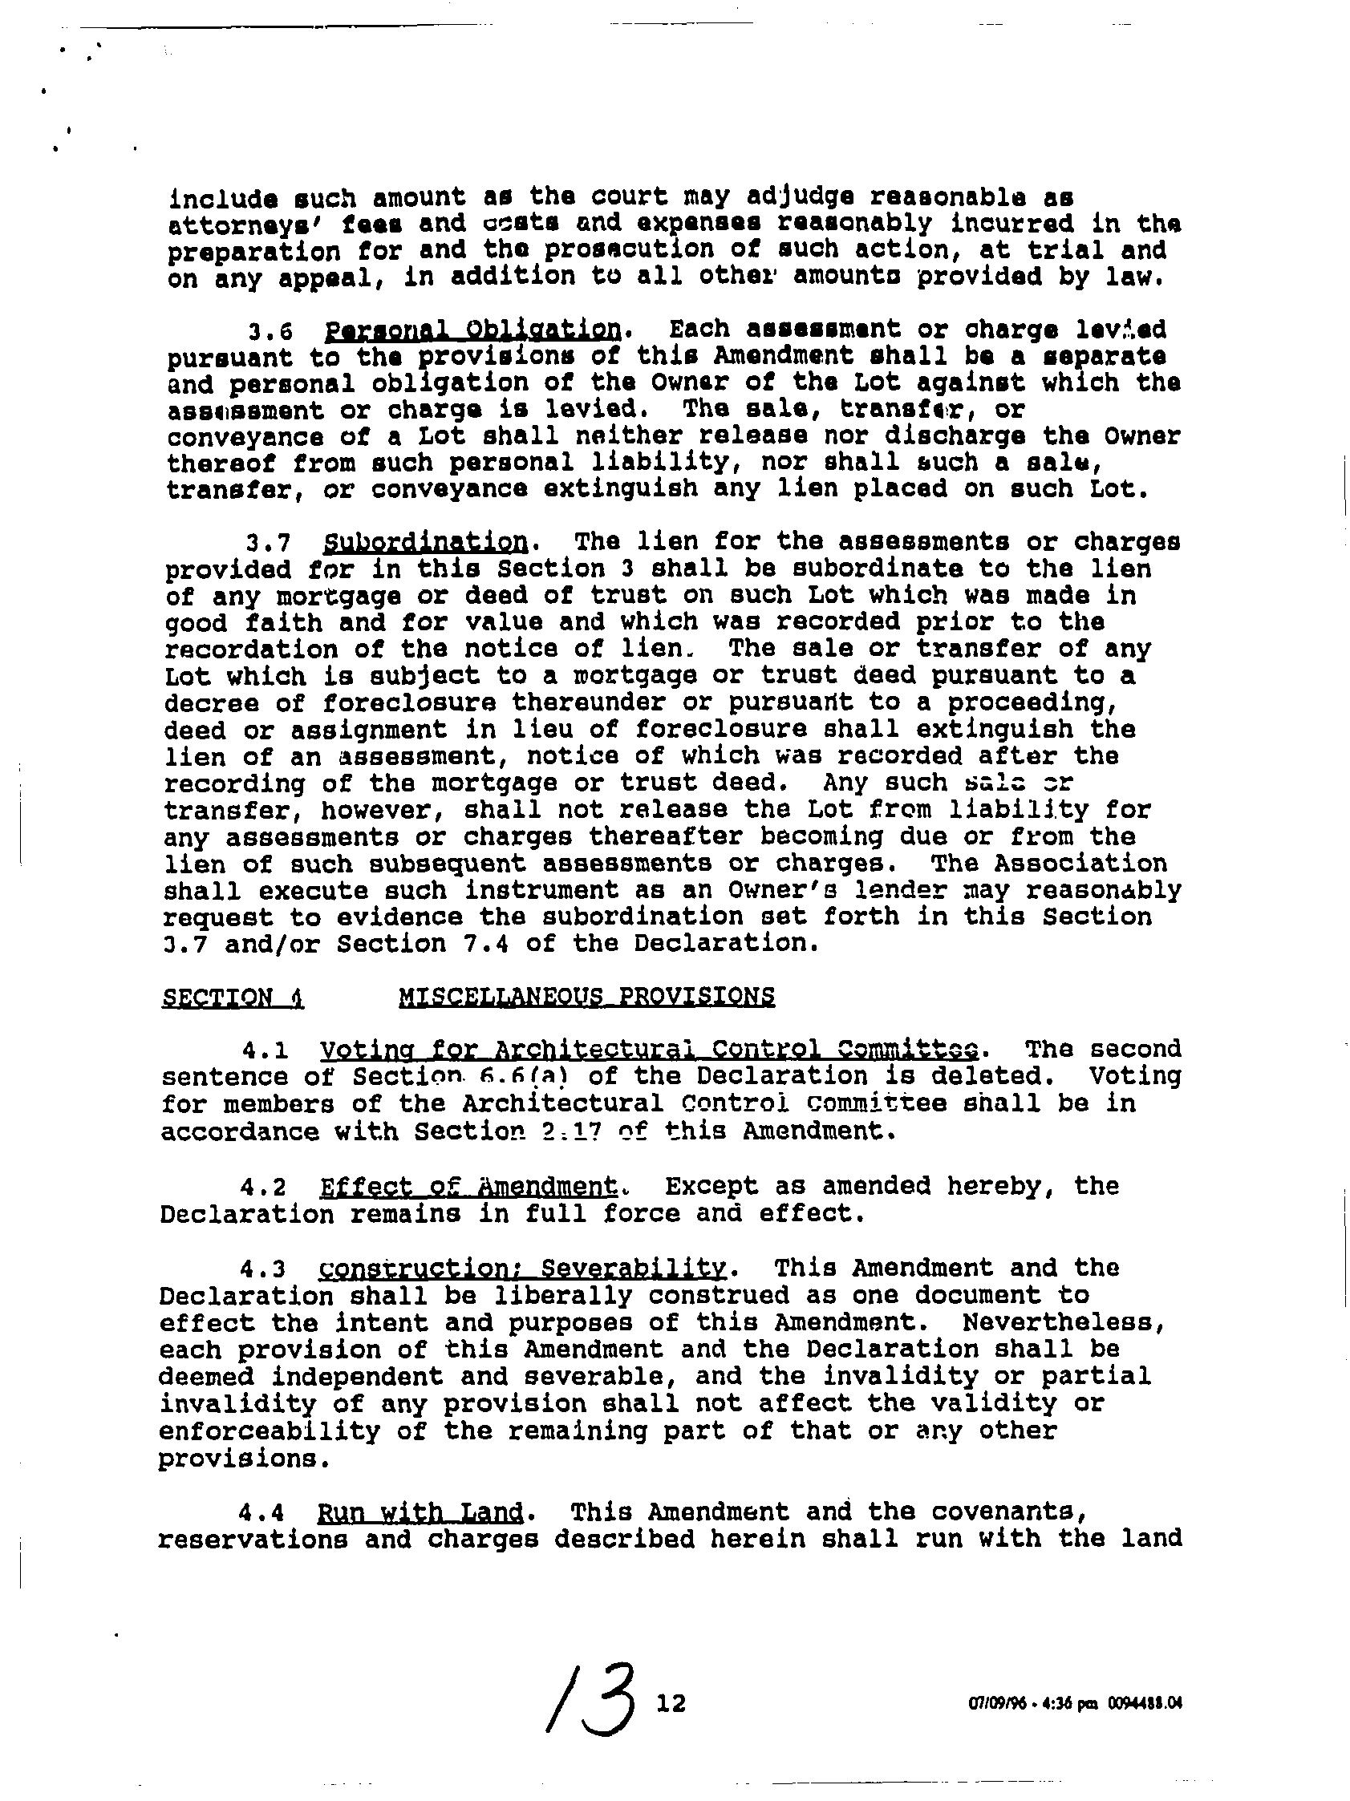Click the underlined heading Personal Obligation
[472, 330]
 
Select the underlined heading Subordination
[424, 542]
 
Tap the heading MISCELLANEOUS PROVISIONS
[586, 997]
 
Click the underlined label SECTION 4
[233, 998]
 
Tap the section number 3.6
[270, 331]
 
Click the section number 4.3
[262, 1269]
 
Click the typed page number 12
[671, 1702]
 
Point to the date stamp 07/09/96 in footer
[997, 1703]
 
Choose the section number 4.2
[262, 1187]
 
